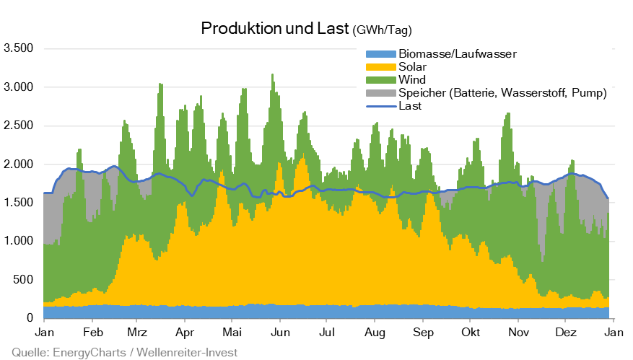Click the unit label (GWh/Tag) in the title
pos(382,30)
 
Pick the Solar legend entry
pos(412,66)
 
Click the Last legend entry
pos(409,105)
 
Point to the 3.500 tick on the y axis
pos(19,49)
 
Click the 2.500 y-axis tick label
pos(19,126)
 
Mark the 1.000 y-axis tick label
pos(19,241)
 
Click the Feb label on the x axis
pos(92,333)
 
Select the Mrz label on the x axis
pos(137,333)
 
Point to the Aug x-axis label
pos(374,333)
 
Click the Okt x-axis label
pos(470,333)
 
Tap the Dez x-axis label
pos(565,333)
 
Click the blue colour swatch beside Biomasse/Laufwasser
pos(380,54)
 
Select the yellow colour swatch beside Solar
pos(380,66)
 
